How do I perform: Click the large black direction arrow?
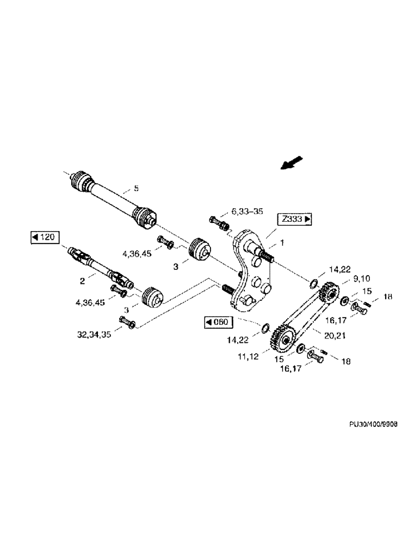pos(291,162)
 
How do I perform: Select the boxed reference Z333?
pos(296,220)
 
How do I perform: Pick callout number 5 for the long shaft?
pos(137,189)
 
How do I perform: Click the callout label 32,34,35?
pos(94,335)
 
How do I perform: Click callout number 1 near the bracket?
pos(282,241)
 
